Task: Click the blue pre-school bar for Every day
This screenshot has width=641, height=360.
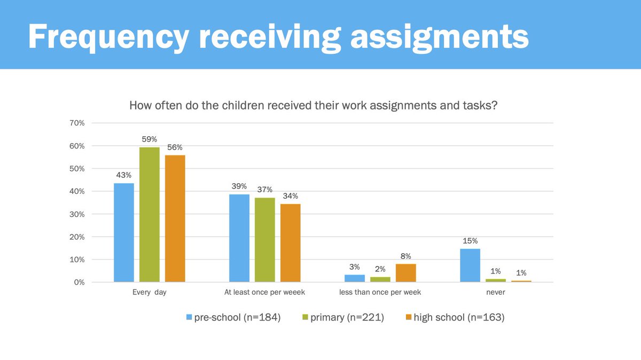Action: pos(124,232)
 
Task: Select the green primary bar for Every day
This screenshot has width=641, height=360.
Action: pos(150,214)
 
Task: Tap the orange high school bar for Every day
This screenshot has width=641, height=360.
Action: pos(175,218)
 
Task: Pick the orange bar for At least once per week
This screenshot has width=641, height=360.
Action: pos(290,243)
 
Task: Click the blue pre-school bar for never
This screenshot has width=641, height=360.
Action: pos(470,265)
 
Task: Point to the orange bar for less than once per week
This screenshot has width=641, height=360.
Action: pos(405,273)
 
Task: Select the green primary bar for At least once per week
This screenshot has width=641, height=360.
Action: pos(265,240)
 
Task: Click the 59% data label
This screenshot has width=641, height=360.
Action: pos(150,139)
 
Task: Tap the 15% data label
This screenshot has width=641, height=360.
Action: pos(470,241)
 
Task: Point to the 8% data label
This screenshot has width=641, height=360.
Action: pos(405,256)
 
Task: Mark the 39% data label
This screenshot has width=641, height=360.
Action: pos(239,186)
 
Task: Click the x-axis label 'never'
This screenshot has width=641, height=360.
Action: pos(495,293)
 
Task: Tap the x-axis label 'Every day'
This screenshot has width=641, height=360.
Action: pos(149,293)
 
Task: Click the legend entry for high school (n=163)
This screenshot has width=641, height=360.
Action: pos(454,317)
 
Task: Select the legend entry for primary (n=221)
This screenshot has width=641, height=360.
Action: pos(342,317)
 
